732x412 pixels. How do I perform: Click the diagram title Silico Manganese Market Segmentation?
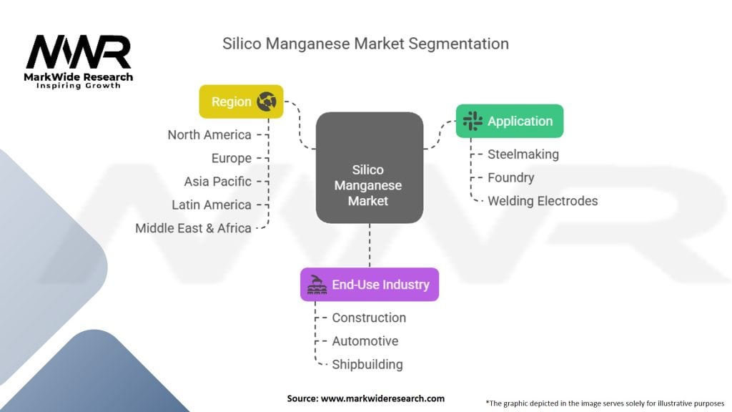365,44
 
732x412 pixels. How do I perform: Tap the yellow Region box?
241,102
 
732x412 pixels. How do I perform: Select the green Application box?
510,121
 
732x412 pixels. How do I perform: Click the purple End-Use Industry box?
369,285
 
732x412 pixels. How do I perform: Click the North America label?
209,134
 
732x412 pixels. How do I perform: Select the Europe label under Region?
232,158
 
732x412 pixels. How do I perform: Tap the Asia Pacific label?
218,181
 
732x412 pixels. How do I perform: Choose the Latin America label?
212,205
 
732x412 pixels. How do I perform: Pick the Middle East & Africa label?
194,228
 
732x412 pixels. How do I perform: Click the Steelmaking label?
523,154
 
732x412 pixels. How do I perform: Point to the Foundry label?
510,177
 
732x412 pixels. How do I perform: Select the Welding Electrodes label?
543,201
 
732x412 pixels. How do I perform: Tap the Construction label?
369,318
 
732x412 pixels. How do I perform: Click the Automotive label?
365,341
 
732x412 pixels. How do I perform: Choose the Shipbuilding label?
367,365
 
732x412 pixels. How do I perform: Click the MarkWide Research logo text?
79,77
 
